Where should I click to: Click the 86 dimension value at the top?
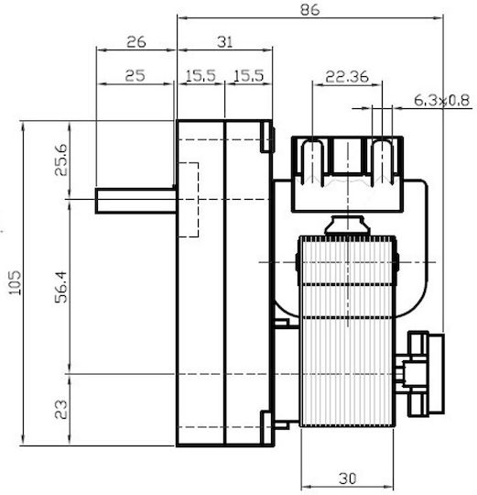pos(309,10)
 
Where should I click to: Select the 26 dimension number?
pos(136,42)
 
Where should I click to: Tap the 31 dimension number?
pos(225,42)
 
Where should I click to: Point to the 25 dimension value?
pos(135,76)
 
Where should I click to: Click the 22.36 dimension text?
pos(347,77)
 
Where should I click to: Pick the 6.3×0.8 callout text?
pos(441,101)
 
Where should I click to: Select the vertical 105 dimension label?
pos(16,283)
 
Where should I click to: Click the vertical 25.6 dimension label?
pos(61,159)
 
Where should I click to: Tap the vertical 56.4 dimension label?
pos(61,287)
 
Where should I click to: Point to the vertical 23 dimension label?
pos(61,410)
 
